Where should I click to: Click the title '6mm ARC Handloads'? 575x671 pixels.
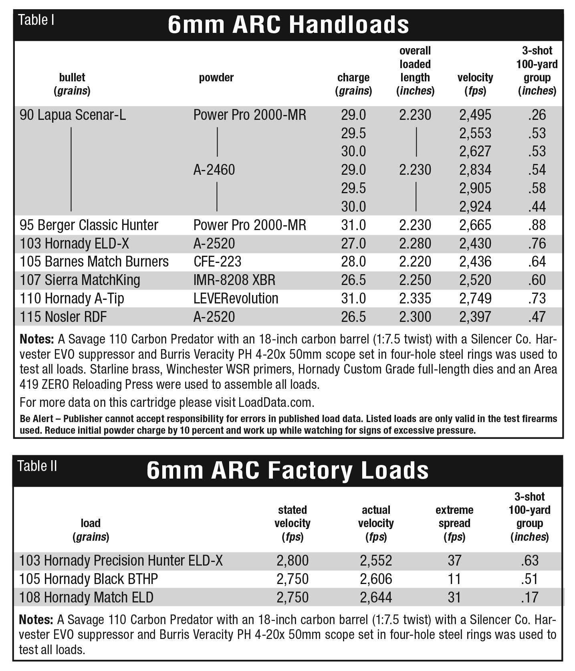(x=288, y=25)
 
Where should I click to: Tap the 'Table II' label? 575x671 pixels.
(x=37, y=466)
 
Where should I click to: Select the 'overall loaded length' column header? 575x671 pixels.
(x=415, y=71)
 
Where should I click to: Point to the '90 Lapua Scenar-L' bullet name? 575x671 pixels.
(x=73, y=115)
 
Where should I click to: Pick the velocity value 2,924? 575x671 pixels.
(x=475, y=207)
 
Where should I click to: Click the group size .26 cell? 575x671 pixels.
(x=537, y=115)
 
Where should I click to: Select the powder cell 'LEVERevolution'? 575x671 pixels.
(x=236, y=299)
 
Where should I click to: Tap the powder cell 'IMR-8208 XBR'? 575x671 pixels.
(x=234, y=280)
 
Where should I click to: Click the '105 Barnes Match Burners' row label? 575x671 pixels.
(x=94, y=262)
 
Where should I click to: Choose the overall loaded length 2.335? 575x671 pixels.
(x=415, y=299)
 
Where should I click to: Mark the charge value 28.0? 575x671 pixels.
(x=353, y=262)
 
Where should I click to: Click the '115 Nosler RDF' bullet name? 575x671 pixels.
(x=63, y=317)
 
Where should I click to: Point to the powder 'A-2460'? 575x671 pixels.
(x=214, y=170)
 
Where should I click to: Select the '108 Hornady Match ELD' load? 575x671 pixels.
(x=86, y=598)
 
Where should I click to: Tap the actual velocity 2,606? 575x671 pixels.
(x=376, y=579)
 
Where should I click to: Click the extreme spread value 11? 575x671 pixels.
(x=454, y=579)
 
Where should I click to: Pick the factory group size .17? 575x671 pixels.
(x=530, y=598)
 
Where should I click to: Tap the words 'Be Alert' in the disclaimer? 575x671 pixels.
(x=36, y=419)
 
